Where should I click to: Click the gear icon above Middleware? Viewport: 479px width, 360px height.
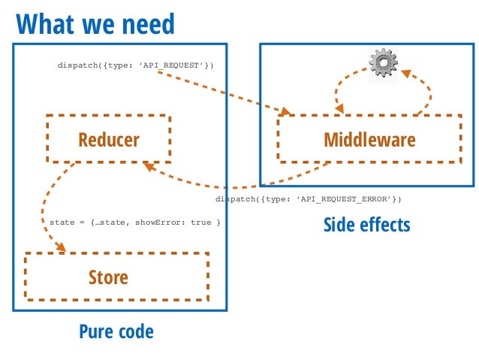(384, 62)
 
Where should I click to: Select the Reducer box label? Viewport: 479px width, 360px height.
(109, 140)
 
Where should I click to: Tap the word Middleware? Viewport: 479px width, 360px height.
(369, 140)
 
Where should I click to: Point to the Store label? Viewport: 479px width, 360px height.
(108, 277)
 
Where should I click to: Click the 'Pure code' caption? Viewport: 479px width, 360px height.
(116, 331)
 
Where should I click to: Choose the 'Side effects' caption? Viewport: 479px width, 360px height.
(366, 225)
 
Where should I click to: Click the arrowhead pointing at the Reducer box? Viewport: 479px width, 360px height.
(149, 167)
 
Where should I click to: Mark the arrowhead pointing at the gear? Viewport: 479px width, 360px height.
(407, 74)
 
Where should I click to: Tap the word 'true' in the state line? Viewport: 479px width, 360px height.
(200, 222)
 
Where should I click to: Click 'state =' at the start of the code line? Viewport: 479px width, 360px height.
(67, 222)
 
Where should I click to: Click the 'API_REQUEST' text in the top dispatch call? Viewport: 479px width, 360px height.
(170, 65)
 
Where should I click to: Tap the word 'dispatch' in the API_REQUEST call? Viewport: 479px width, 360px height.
(78, 65)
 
